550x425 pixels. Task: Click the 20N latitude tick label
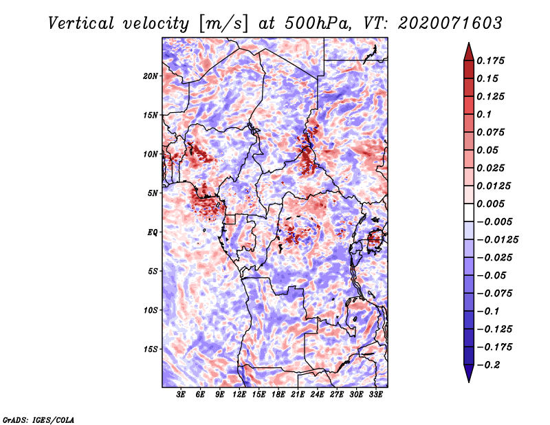151,76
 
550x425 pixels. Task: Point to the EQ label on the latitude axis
152,232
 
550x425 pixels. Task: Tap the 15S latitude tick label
151,349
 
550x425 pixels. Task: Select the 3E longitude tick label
181,395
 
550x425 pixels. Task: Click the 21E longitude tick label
298,395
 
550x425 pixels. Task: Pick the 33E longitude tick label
375,395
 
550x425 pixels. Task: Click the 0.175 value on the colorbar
490,61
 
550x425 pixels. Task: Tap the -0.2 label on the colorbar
488,365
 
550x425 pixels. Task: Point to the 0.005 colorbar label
490,204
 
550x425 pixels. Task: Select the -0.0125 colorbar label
497,240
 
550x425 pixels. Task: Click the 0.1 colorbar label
484,114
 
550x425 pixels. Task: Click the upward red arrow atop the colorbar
469,52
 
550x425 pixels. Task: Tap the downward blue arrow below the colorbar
469,373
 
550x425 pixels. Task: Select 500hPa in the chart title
318,23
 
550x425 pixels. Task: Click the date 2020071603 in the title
450,23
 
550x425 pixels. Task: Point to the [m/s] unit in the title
223,24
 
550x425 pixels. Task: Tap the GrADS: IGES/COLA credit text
38,419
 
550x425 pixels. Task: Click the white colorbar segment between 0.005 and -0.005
469,212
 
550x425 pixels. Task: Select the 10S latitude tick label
151,310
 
